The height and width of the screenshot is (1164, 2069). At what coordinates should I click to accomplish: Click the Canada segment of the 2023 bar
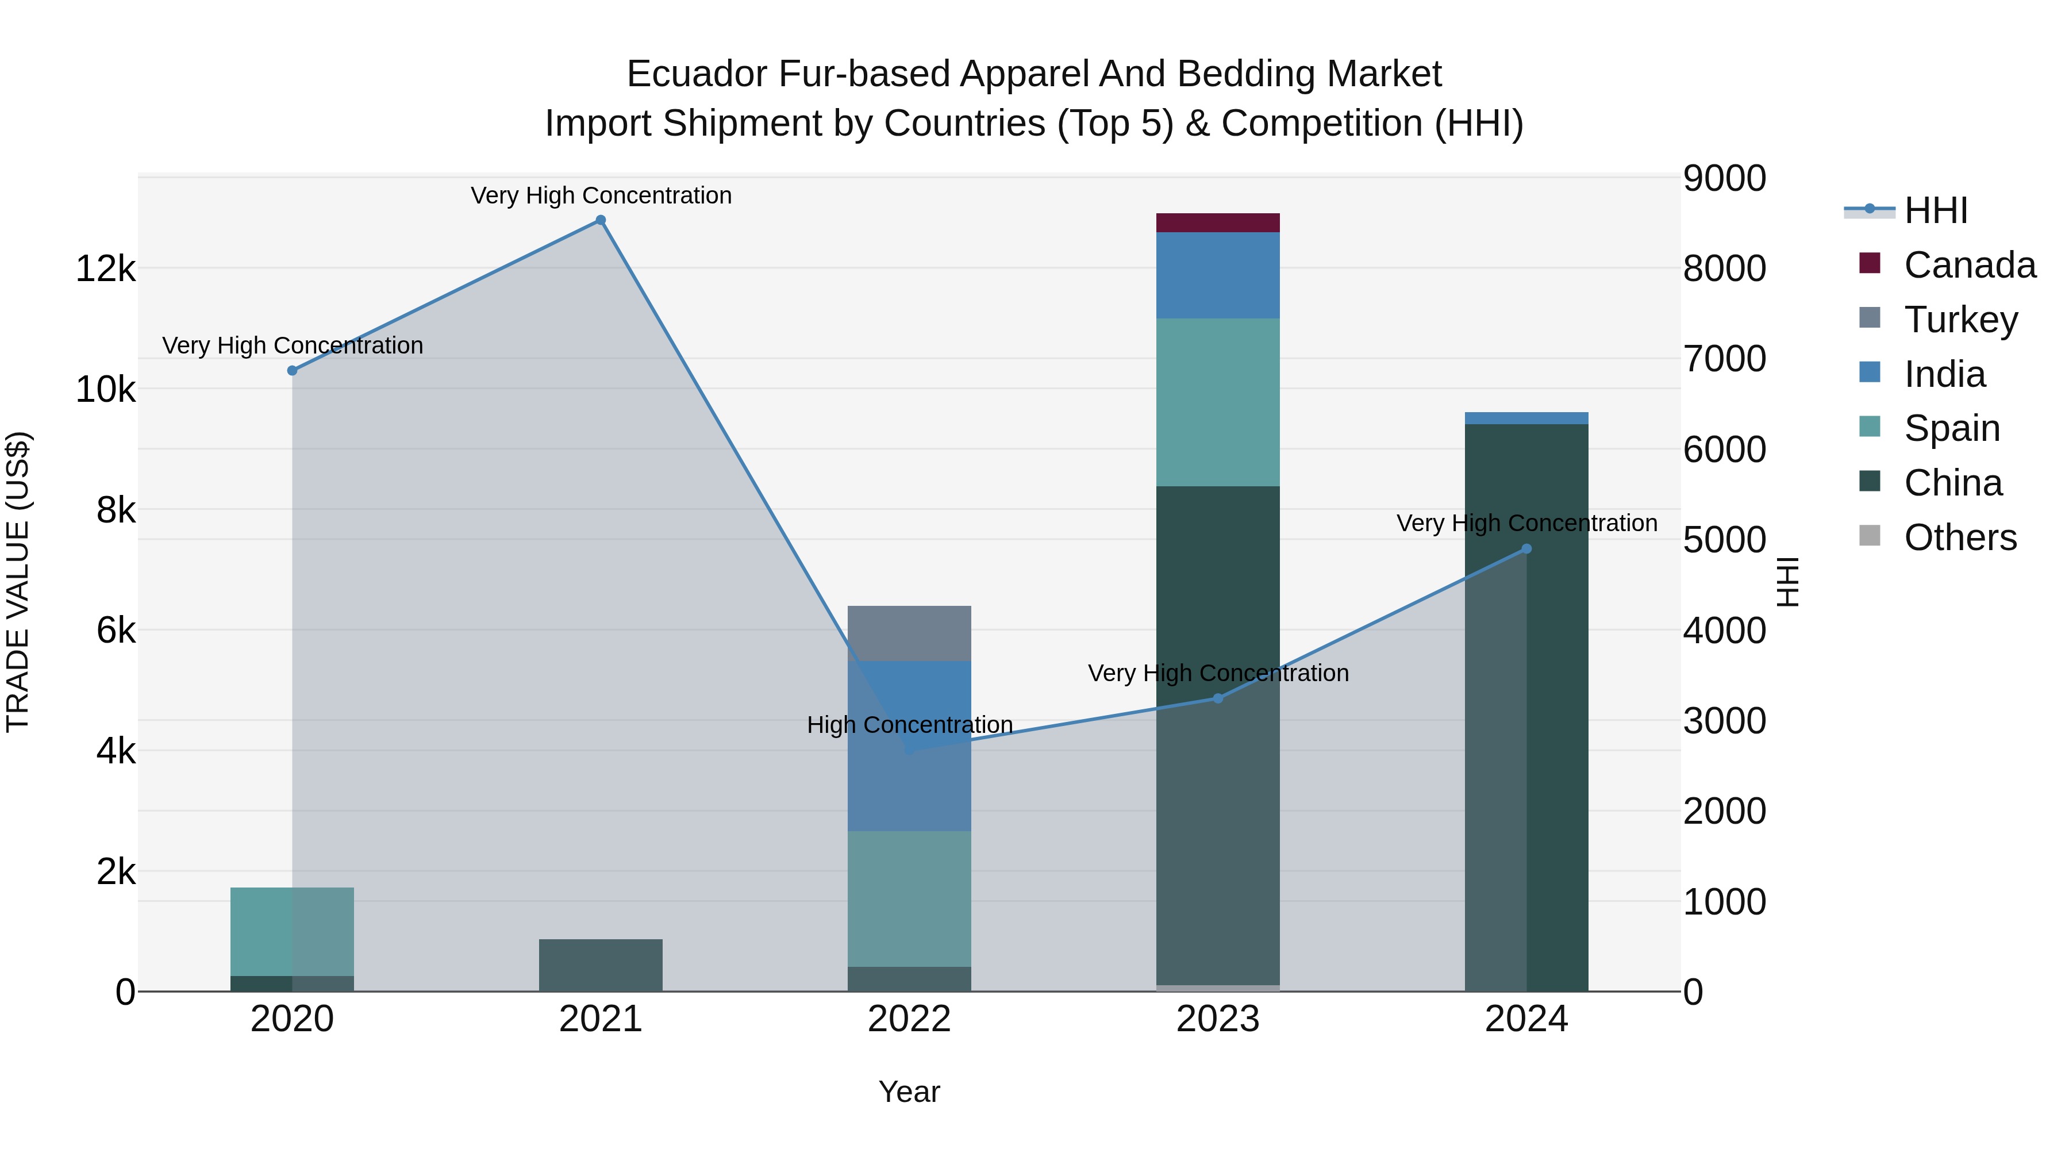point(1218,222)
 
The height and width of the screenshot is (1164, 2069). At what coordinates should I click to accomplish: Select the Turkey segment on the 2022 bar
point(909,633)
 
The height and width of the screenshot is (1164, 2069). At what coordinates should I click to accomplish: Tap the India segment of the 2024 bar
point(1526,418)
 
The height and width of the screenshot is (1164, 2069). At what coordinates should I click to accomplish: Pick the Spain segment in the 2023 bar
point(1218,402)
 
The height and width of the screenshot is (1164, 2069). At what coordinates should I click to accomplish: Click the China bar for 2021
point(601,965)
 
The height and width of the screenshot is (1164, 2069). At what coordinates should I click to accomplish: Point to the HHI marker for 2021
point(601,220)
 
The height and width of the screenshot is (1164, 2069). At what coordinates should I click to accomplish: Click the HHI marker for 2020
point(293,370)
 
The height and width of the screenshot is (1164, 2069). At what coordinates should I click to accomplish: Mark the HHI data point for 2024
point(1526,550)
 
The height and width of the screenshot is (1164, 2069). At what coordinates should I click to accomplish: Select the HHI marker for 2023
point(1218,698)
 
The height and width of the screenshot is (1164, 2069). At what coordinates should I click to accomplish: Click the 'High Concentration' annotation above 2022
point(909,725)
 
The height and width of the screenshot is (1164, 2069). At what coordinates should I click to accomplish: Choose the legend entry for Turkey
point(1960,320)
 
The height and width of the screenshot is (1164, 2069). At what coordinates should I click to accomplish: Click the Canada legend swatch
point(1870,263)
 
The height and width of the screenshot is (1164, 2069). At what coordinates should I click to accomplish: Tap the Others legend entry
point(1960,537)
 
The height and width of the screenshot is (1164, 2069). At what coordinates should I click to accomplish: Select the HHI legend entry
point(1936,210)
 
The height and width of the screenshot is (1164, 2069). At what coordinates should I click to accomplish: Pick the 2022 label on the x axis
point(909,1019)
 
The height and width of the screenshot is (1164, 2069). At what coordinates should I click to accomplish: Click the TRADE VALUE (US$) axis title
point(18,582)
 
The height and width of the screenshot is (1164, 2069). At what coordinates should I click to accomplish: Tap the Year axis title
point(909,1092)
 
